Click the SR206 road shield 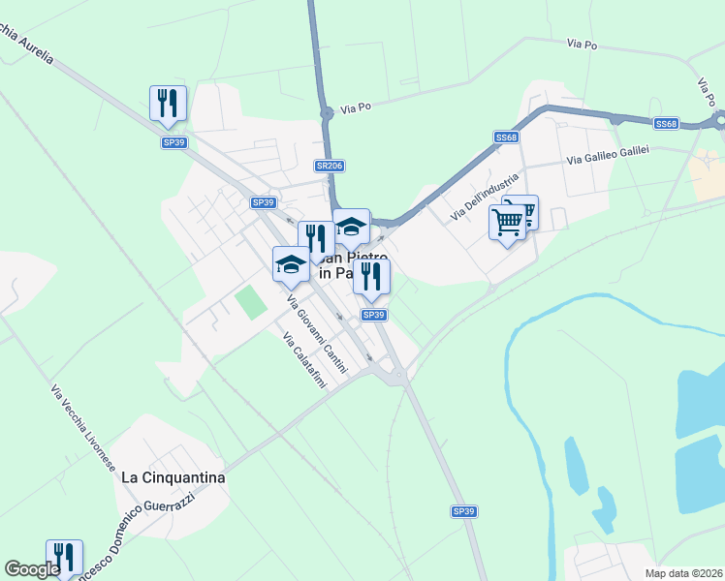tap(330, 166)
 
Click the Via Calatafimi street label tap(303, 363)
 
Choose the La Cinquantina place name tap(173, 477)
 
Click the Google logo tap(33, 569)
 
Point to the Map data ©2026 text tap(683, 573)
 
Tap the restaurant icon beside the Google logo tap(64, 557)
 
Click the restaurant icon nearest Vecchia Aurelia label tap(168, 103)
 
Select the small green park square tap(251, 303)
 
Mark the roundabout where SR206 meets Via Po tap(328, 113)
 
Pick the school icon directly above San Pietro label tap(351, 227)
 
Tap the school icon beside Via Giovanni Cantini tap(291, 264)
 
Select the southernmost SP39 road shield tap(463, 510)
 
